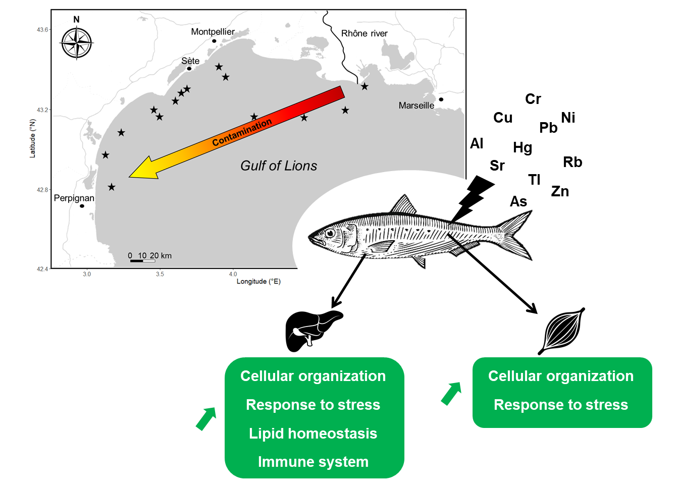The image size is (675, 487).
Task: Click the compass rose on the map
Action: [x=77, y=43]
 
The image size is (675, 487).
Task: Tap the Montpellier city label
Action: [x=213, y=32]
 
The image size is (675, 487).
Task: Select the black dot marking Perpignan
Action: [x=82, y=206]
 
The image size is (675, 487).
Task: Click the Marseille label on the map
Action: [x=416, y=105]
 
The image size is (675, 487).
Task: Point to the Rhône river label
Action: [x=364, y=34]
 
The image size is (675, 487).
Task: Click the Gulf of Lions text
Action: [x=279, y=166]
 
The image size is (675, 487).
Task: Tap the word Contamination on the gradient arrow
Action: [x=242, y=132]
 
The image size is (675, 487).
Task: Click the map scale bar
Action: [x=142, y=261]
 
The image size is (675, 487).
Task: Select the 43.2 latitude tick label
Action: [x=42, y=110]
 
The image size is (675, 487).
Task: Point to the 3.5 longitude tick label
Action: [x=160, y=275]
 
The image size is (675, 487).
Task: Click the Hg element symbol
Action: [x=523, y=147]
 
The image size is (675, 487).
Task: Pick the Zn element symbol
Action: [x=560, y=191]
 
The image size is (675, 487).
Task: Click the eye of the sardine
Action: [x=330, y=233]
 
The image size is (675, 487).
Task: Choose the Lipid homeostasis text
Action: [x=313, y=434]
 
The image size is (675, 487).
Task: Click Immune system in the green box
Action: [x=313, y=462]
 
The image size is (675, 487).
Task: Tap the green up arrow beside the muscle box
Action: [x=451, y=393]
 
